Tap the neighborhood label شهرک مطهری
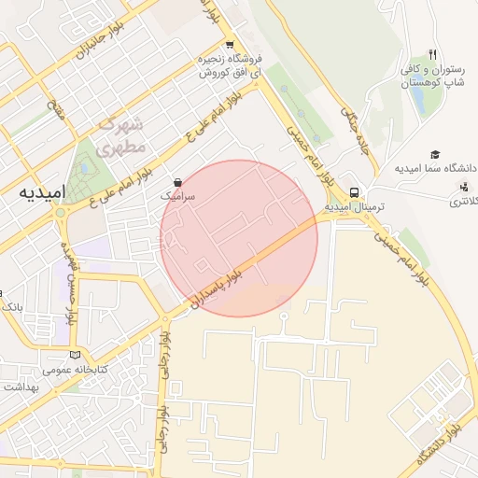point(121,136)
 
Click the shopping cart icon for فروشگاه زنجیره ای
point(230,44)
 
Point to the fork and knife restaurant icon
point(432,54)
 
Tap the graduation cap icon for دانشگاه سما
point(434,154)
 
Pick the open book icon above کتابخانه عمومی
point(75,354)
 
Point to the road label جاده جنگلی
point(358,131)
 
